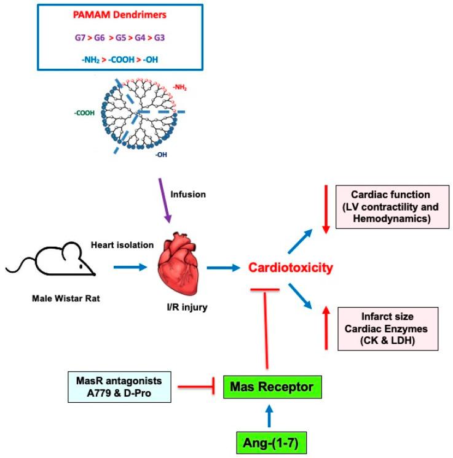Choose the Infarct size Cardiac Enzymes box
click(x=387, y=328)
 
